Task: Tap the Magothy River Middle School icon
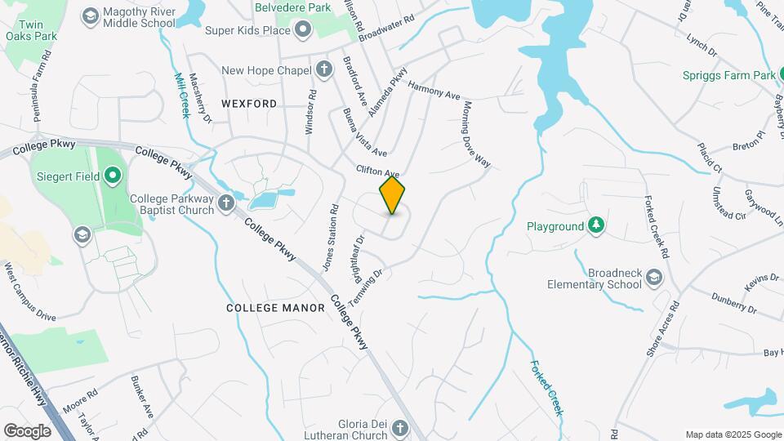coord(90,15)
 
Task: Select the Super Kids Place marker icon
coord(304,31)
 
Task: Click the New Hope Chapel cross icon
coord(324,69)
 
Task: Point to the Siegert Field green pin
coord(113,176)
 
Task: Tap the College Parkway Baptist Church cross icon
coord(226,203)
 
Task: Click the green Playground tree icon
coord(597,225)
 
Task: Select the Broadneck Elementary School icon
coord(653,278)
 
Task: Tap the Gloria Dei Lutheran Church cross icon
coord(399,427)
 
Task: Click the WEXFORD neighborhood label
coord(249,104)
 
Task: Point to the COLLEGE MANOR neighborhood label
coord(275,308)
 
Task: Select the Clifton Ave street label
coord(377,171)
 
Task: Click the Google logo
coord(27,430)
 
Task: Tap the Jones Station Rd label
coord(330,238)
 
